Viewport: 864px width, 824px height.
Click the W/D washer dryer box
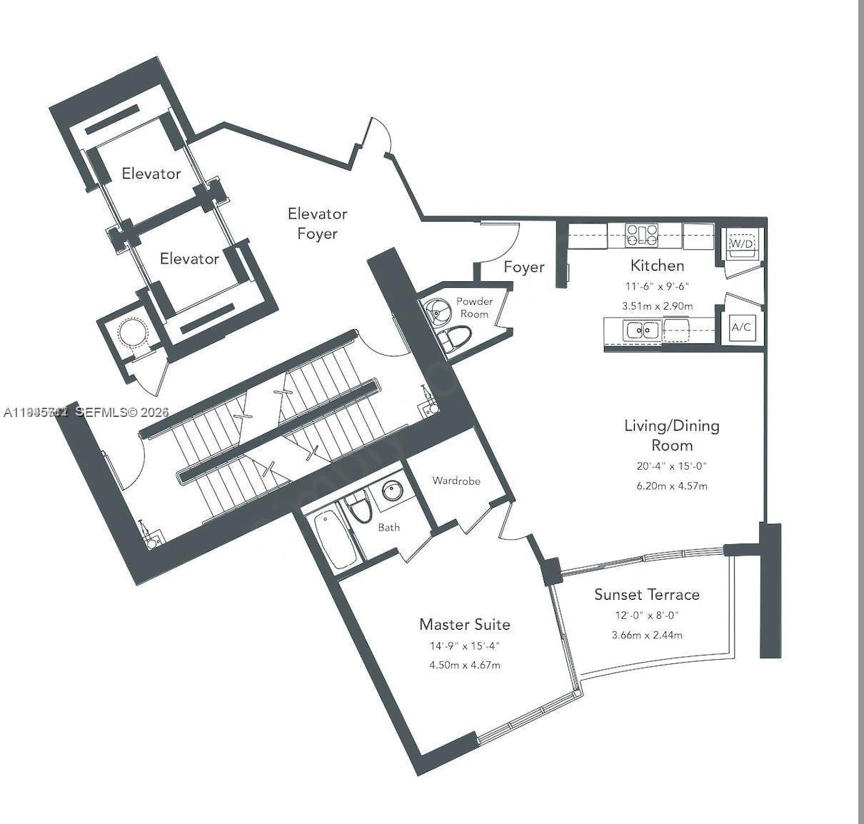(x=741, y=243)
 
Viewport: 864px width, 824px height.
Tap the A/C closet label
(x=741, y=327)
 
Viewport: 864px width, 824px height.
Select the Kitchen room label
(x=657, y=266)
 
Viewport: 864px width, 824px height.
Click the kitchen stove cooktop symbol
(x=642, y=234)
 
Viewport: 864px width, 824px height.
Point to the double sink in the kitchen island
(x=641, y=330)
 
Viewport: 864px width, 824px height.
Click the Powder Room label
(x=474, y=308)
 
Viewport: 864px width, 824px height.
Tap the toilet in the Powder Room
(x=456, y=338)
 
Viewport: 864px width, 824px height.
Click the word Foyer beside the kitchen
(x=524, y=267)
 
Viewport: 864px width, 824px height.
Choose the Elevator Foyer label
(x=317, y=223)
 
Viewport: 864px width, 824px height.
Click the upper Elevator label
(x=151, y=174)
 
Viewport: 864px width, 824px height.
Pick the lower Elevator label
(x=189, y=258)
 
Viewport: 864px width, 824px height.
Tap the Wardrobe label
(x=456, y=481)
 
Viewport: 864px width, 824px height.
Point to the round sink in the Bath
(x=391, y=491)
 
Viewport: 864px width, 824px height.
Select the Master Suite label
(x=465, y=624)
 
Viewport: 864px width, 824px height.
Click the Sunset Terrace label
(x=647, y=594)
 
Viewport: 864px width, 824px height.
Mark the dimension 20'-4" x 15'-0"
(x=672, y=466)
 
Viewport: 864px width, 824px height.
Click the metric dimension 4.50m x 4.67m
(x=465, y=665)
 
